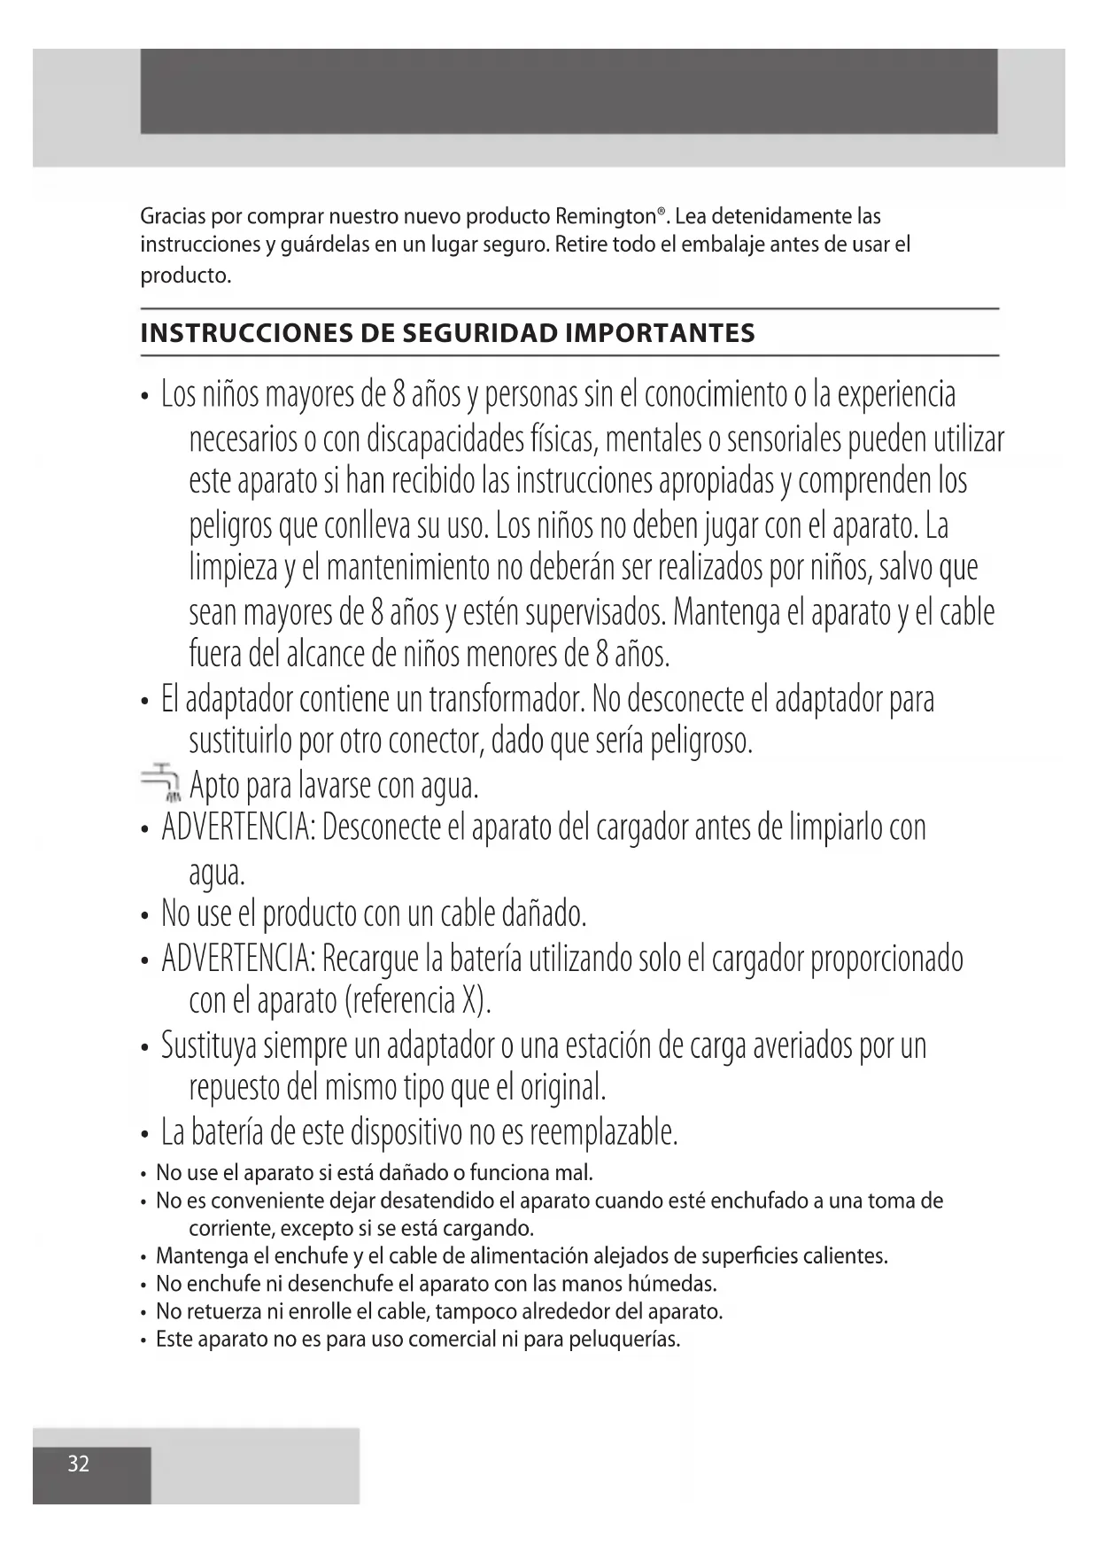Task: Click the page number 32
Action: coord(79,1464)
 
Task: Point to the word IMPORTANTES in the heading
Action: coord(660,334)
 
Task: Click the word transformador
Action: coord(506,700)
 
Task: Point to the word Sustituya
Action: coord(211,1045)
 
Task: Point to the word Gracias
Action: coord(174,217)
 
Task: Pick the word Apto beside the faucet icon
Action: coord(214,785)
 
